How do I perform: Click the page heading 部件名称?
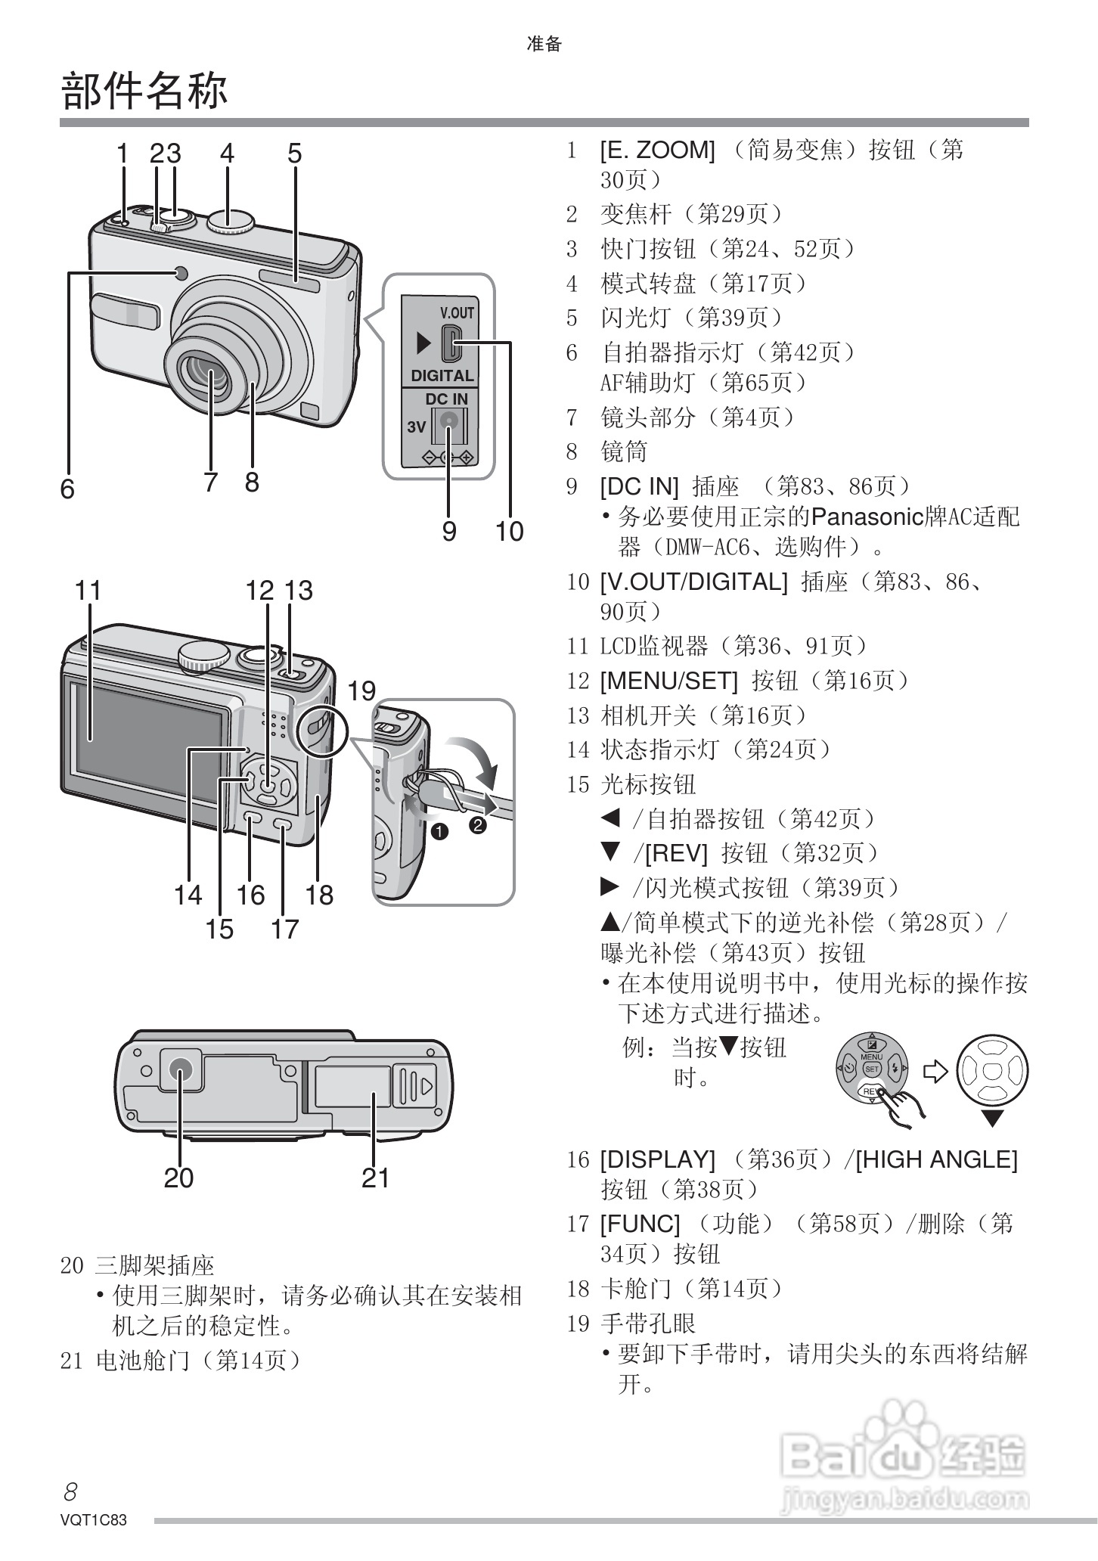click(144, 91)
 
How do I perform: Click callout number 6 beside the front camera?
click(67, 489)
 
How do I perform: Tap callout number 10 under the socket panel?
click(509, 531)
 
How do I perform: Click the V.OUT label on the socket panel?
click(457, 313)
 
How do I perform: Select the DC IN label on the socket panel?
click(446, 399)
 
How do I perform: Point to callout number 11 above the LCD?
click(88, 590)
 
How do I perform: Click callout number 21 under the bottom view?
click(375, 1178)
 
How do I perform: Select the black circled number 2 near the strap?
click(478, 825)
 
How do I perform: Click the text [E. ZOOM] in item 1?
click(657, 151)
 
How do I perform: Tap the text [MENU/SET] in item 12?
click(668, 681)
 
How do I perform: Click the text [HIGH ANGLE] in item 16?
click(936, 1159)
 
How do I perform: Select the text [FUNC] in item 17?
click(640, 1224)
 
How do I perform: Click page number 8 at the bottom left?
click(70, 1491)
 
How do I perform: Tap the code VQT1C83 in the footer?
click(94, 1520)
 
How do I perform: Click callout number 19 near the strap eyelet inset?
click(361, 691)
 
